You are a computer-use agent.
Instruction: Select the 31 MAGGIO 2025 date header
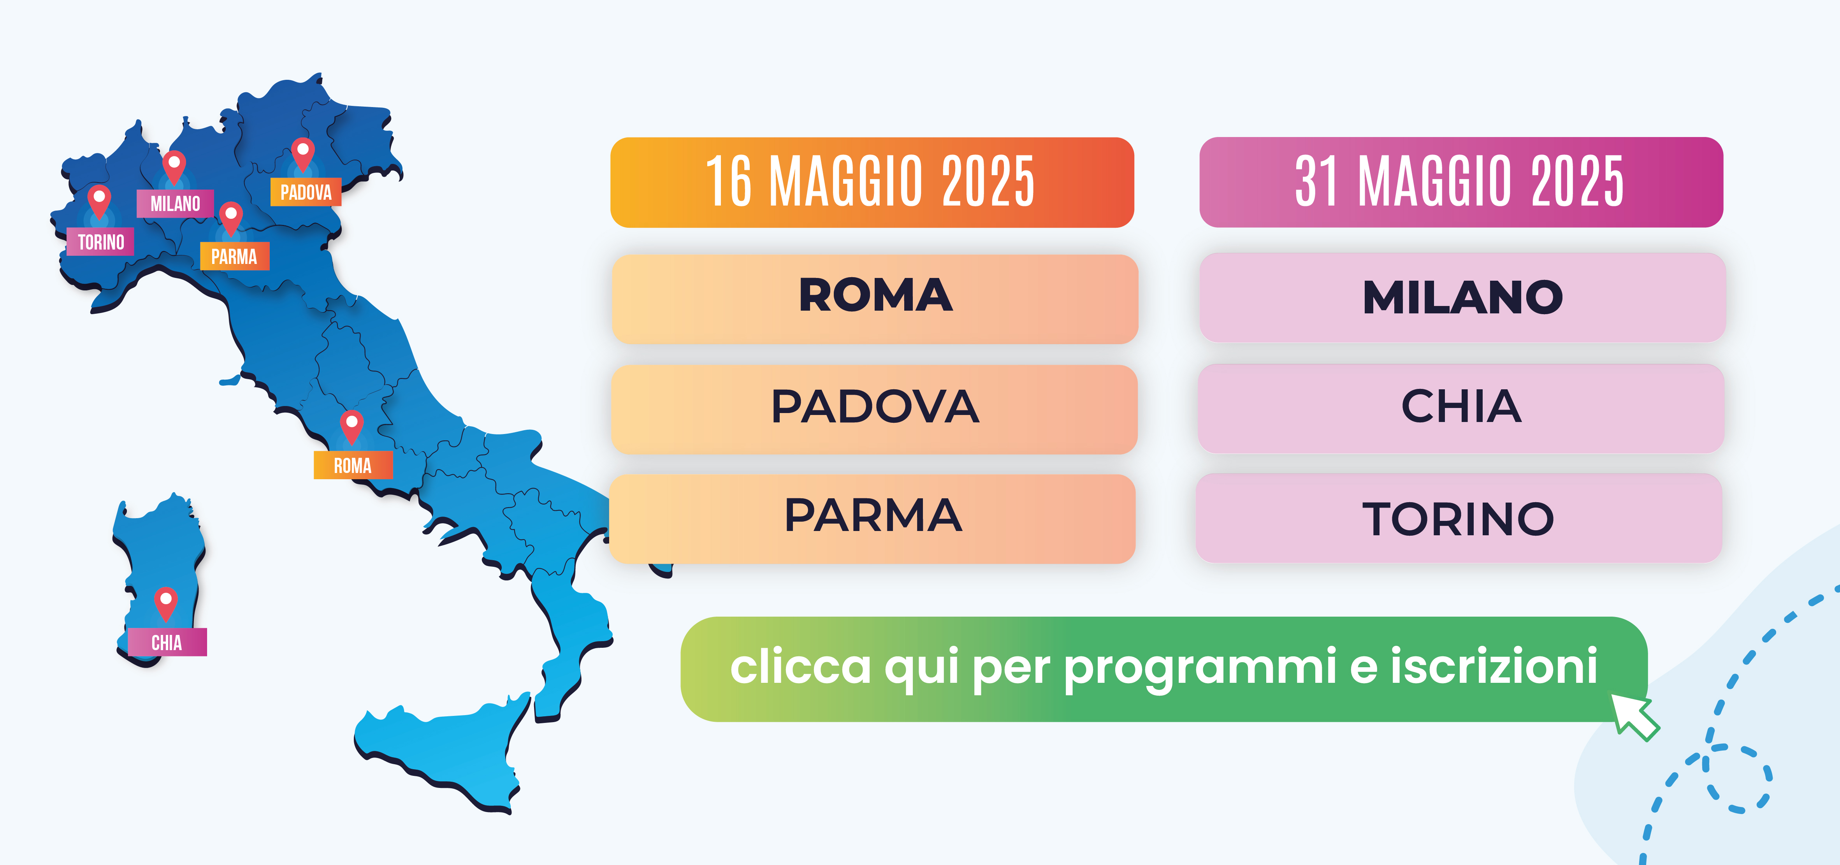tap(1461, 182)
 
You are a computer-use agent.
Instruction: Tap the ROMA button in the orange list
tap(875, 299)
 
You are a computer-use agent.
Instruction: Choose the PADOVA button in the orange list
tap(874, 409)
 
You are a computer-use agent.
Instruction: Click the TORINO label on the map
tap(101, 242)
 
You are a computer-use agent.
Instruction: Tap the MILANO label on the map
tap(175, 204)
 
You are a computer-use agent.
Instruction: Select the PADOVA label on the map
tap(306, 192)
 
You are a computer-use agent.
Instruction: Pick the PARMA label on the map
tap(234, 257)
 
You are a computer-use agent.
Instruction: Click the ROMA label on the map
tap(353, 466)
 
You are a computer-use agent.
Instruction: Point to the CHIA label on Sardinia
tap(167, 642)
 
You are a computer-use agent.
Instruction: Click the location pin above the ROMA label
tap(351, 426)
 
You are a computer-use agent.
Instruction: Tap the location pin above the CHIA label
tap(166, 603)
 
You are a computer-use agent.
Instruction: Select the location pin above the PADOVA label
tap(303, 154)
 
